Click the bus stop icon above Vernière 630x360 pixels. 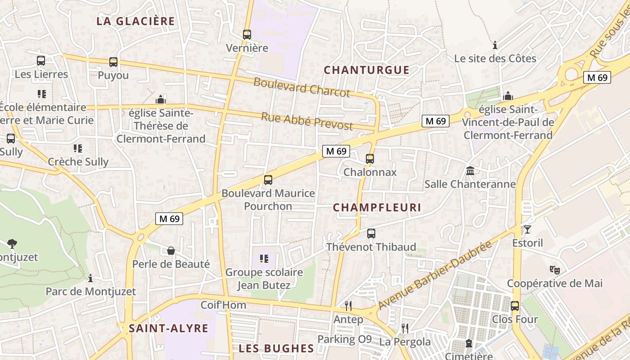click(247, 34)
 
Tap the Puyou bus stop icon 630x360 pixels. click(113, 62)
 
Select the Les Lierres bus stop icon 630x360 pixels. click(41, 61)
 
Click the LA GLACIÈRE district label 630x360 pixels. click(135, 21)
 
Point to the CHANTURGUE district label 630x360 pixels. click(367, 70)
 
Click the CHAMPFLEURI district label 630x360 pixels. click(377, 207)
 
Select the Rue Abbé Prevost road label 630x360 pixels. click(307, 121)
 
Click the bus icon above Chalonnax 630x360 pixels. click(370, 158)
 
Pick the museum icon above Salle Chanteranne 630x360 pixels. click(470, 171)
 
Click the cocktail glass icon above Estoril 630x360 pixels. click(527, 229)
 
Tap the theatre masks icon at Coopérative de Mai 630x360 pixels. click(554, 270)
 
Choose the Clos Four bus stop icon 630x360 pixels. click(515, 306)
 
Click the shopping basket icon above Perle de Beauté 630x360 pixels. click(171, 251)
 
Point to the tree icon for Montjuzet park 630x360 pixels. click(12, 244)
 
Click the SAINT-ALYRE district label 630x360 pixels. click(169, 328)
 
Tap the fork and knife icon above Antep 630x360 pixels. click(348, 306)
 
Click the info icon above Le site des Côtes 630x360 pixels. click(495, 45)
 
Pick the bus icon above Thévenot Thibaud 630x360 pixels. click(371, 234)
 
